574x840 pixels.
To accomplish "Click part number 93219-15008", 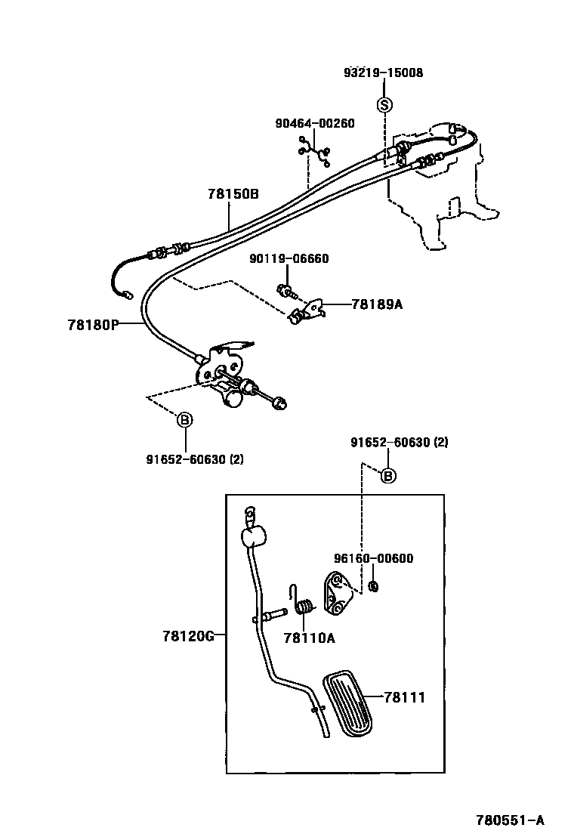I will (383, 73).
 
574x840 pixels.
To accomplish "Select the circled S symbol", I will (384, 104).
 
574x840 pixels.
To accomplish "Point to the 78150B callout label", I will (233, 194).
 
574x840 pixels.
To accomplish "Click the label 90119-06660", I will (289, 258).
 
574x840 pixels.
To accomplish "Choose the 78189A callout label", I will (377, 304).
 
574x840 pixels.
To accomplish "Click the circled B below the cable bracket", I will (185, 420).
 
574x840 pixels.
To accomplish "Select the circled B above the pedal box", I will (387, 475).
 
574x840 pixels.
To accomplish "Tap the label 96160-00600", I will (373, 558).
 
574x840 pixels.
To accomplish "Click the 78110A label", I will (309, 638).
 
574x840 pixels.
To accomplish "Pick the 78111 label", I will (404, 698).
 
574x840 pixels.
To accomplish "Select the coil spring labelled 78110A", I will (304, 606).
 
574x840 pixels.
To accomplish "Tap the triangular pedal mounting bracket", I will (339, 595).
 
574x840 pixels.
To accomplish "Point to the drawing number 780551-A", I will (510, 820).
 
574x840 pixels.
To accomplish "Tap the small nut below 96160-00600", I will (373, 586).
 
